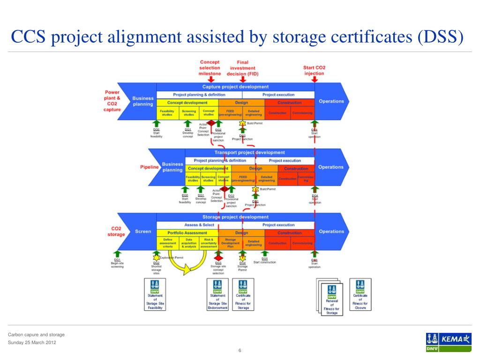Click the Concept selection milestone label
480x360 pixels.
[x=210, y=68]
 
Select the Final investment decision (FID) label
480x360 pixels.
[x=242, y=68]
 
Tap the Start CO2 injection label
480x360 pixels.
[x=314, y=70]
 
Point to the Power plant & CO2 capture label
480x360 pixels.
[x=112, y=101]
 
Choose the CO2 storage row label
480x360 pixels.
[x=116, y=232]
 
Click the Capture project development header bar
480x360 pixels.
[x=235, y=87]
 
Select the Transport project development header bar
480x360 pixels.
[x=249, y=152]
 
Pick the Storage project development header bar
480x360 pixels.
[x=235, y=217]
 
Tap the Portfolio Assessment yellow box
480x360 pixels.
[x=187, y=233]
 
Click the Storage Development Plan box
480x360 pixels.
[x=230, y=243]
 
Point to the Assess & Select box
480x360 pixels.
[x=199, y=225]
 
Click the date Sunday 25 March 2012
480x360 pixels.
[x=32, y=343]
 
